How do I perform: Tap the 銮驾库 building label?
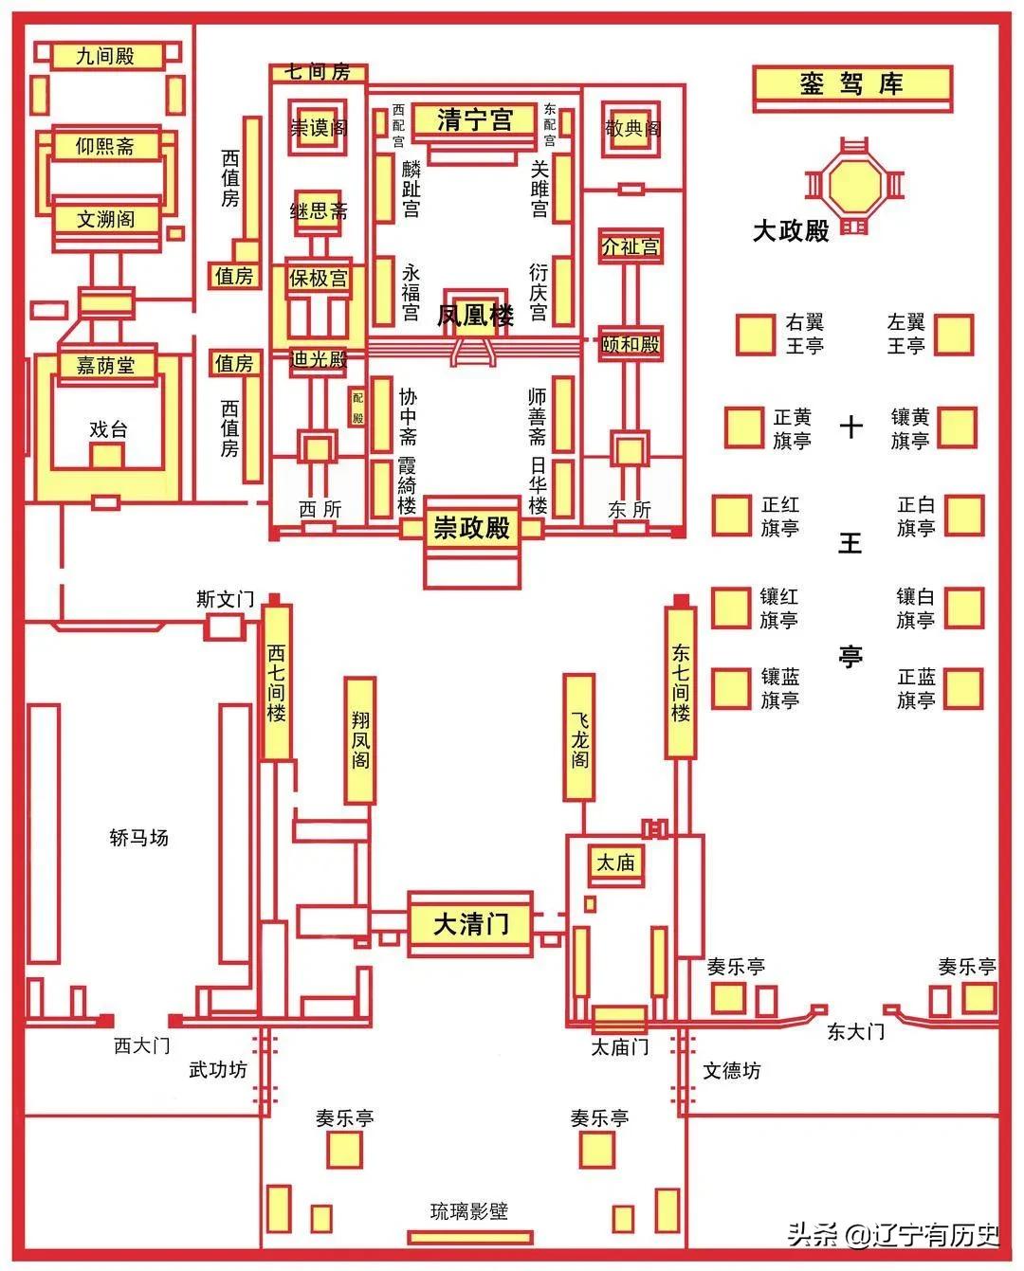point(851,84)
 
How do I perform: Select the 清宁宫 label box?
point(474,120)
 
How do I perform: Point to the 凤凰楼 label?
point(475,315)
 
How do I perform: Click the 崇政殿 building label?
point(472,528)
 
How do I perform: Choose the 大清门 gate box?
point(470,924)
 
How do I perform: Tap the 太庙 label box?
point(615,862)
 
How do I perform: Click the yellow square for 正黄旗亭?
point(744,427)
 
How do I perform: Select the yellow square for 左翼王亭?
point(953,335)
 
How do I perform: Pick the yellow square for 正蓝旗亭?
point(962,689)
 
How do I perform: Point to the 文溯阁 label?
point(106,219)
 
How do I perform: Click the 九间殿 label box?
point(106,56)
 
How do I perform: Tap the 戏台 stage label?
point(108,429)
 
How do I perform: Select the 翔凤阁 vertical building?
point(360,740)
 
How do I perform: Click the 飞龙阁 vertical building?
point(579,737)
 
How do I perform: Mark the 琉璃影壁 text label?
point(469,1210)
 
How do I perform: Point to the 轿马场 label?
point(139,838)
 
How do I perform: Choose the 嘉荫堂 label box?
point(106,365)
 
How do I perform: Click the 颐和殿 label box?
point(630,344)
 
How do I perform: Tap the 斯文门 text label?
point(226,599)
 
